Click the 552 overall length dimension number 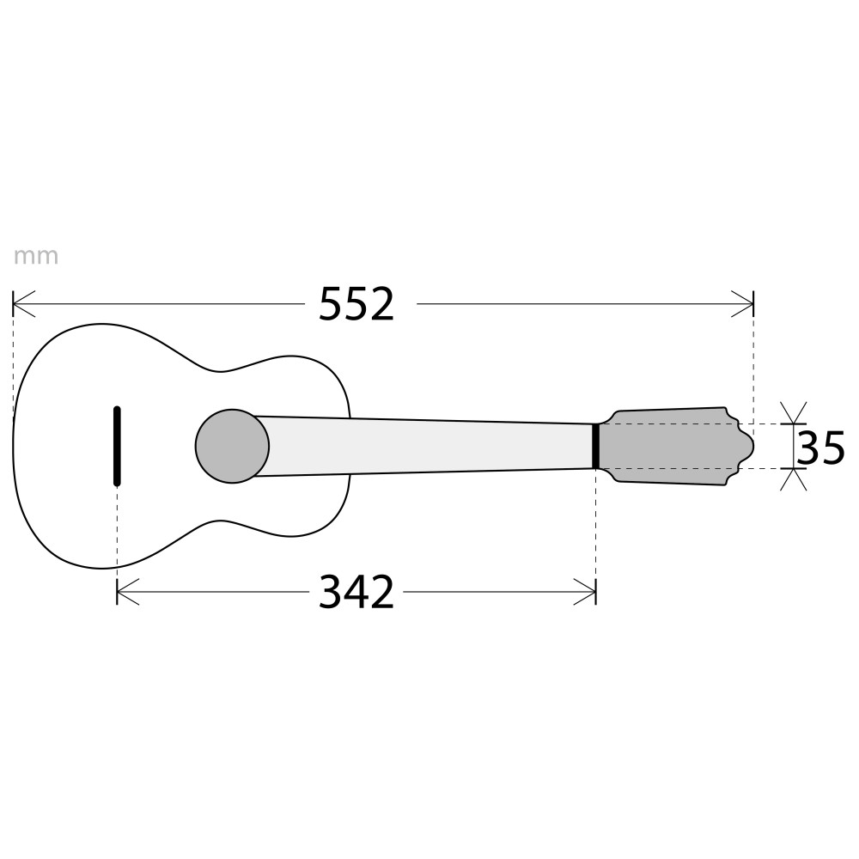[x=356, y=303]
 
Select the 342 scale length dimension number [x=356, y=592]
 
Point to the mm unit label [x=35, y=256]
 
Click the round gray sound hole [x=232, y=446]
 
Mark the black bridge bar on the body [x=117, y=446]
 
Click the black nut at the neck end [x=595, y=446]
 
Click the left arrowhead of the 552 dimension [x=23, y=303]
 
